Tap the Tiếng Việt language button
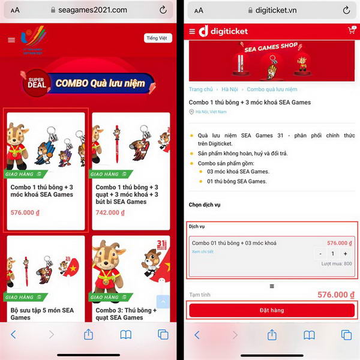click(x=158, y=38)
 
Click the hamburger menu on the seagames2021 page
click(x=11, y=40)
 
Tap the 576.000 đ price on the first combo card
click(x=25, y=212)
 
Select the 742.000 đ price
click(x=110, y=212)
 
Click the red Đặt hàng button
click(x=272, y=310)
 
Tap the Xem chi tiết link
click(x=202, y=252)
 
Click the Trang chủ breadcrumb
click(x=201, y=89)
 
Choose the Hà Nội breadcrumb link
click(x=230, y=89)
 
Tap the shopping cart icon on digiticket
click(x=351, y=30)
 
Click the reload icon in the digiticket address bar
click(x=346, y=10)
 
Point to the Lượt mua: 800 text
click(x=337, y=264)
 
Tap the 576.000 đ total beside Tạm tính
click(x=332, y=295)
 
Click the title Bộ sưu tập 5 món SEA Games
click(x=42, y=313)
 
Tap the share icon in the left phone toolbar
click(x=88, y=334)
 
